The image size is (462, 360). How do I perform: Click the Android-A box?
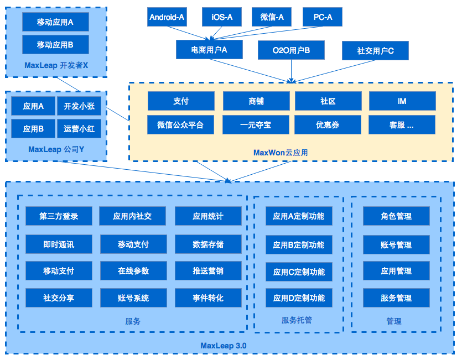[167, 17]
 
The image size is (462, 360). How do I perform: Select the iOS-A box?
[222, 17]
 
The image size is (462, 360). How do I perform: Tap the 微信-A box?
[272, 17]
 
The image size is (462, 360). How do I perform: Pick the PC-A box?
[323, 17]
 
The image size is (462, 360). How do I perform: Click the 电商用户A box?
[209, 50]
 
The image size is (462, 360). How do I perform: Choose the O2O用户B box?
[291, 50]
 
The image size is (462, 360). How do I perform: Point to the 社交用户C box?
[375, 51]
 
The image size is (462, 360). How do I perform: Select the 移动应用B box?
[55, 44]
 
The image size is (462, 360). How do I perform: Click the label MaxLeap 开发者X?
[56, 65]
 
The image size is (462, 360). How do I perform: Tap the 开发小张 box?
[79, 106]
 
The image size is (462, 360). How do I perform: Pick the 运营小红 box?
[79, 129]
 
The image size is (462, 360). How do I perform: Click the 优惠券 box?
[328, 125]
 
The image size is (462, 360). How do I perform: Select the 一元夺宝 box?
[256, 125]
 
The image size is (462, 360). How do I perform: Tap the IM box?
[402, 101]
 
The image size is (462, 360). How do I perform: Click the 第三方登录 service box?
[59, 216]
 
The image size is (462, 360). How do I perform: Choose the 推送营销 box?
[208, 271]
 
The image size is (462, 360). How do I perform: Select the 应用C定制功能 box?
[299, 272]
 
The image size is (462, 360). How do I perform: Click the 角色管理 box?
[396, 216]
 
